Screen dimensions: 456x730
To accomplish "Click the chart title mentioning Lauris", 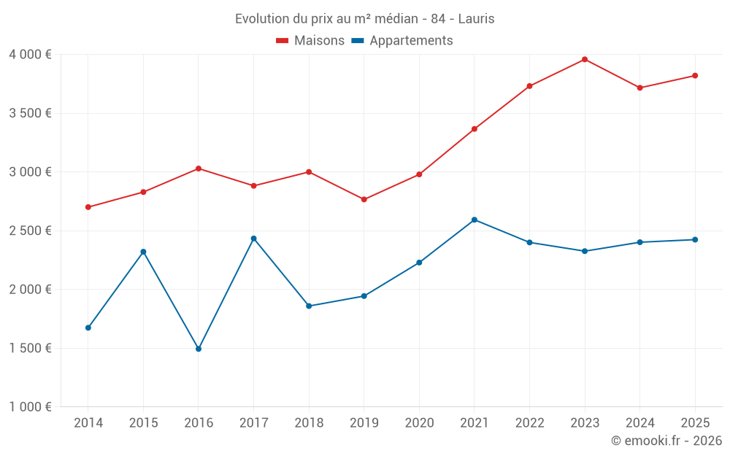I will tap(364, 19).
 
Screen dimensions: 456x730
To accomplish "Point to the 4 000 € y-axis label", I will tap(31, 55).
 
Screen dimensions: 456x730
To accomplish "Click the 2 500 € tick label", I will tap(31, 231).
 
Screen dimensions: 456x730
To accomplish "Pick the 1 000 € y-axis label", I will tap(31, 407).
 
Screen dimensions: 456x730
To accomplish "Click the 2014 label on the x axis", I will tap(88, 423).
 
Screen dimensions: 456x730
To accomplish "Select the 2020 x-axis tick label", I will tap(419, 423).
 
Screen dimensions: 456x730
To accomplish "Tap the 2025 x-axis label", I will tap(695, 423).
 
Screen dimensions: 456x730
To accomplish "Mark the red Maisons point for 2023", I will tap(585, 59).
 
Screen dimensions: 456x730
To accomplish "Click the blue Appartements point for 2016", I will tap(199, 349).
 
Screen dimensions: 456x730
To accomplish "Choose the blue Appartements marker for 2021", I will tap(474, 220).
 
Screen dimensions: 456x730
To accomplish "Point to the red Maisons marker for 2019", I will tap(364, 199).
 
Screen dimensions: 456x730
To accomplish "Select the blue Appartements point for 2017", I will tap(253, 239).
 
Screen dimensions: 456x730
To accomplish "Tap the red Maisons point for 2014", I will tap(88, 207).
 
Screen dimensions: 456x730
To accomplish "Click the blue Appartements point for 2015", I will tap(143, 252).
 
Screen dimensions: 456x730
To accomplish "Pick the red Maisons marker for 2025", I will tap(695, 76).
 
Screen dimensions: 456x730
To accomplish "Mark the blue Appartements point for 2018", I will tap(309, 306).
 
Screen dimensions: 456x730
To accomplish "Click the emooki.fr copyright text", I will tap(666, 441).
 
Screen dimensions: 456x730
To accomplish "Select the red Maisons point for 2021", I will tap(474, 129).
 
